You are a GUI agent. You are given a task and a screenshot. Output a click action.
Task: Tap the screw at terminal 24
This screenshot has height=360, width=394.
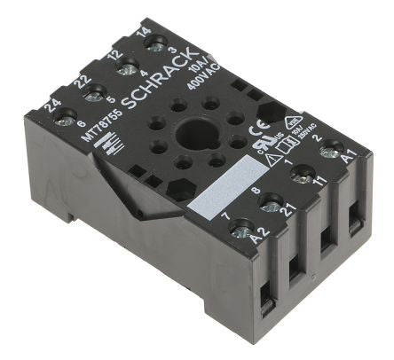click(x=64, y=115)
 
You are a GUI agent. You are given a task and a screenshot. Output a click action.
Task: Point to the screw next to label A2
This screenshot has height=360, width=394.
click(x=240, y=231)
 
